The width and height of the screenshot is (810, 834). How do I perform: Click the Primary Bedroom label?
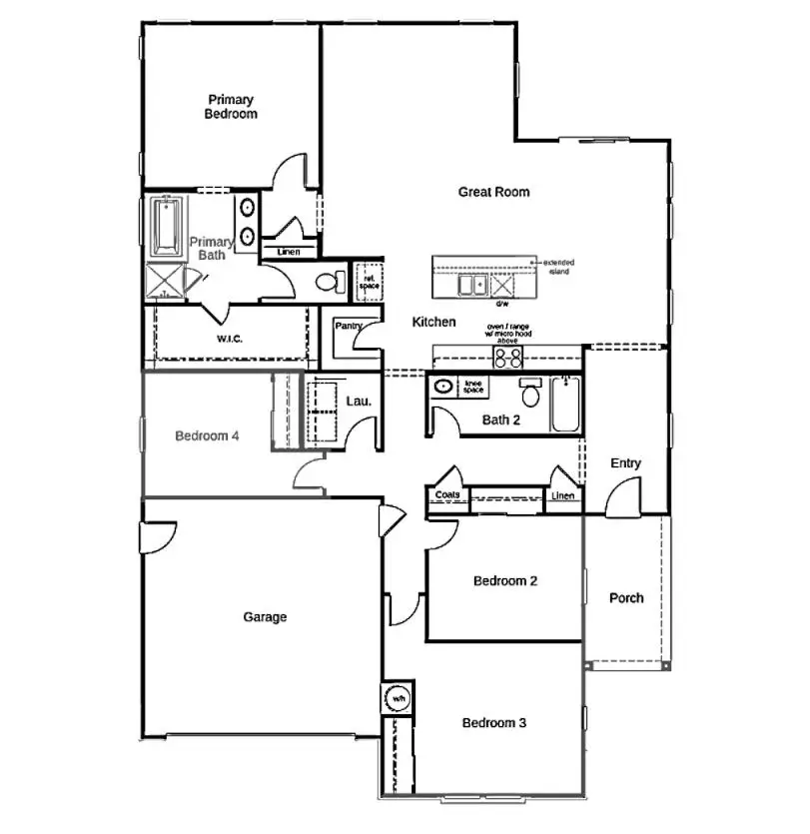point(231,107)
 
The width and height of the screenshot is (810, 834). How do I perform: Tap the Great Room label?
point(493,192)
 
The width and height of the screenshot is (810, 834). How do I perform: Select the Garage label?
point(265,617)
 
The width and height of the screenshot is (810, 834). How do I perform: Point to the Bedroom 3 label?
point(493,722)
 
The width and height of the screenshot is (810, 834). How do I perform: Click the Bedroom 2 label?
point(506,581)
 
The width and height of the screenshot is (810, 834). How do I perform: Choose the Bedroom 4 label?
point(206,435)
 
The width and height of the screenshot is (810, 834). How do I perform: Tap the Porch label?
point(626,598)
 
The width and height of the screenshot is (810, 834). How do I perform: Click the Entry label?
point(625,463)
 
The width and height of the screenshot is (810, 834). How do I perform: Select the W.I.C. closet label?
point(230,339)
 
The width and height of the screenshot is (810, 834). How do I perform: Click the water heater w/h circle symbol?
point(399,697)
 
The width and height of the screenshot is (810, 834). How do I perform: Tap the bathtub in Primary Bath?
point(163,228)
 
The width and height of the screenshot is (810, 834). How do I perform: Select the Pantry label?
point(349,326)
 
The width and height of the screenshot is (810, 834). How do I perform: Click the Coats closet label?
point(445,495)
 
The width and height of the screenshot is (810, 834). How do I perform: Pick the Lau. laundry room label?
point(359,402)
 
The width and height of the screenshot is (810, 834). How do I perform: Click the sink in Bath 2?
point(441,387)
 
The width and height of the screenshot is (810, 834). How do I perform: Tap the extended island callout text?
point(558,267)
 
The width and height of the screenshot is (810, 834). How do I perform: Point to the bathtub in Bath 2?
point(565,405)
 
